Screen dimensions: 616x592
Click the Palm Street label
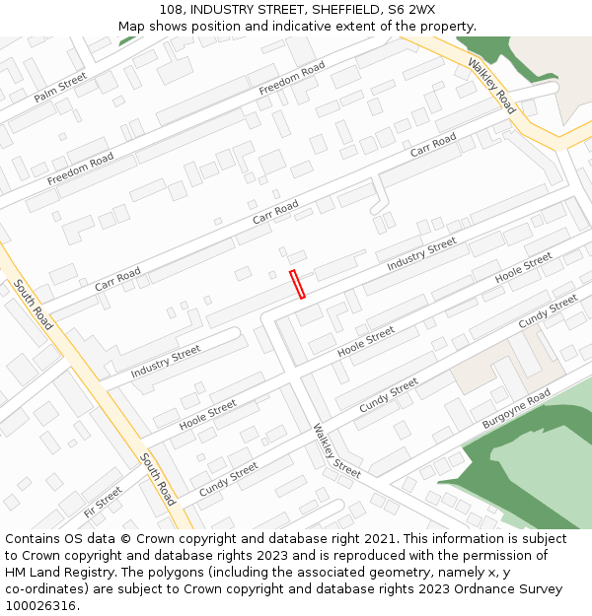click(60, 87)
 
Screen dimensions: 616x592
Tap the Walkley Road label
click(490, 86)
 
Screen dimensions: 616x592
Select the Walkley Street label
click(337, 450)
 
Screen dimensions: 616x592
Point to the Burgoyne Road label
click(516, 409)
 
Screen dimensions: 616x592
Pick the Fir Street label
click(103, 503)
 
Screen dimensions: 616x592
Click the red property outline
click(297, 284)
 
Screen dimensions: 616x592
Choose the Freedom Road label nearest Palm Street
click(81, 169)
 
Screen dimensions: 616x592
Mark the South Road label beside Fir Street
click(158, 479)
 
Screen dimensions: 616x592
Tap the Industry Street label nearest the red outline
click(421, 254)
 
